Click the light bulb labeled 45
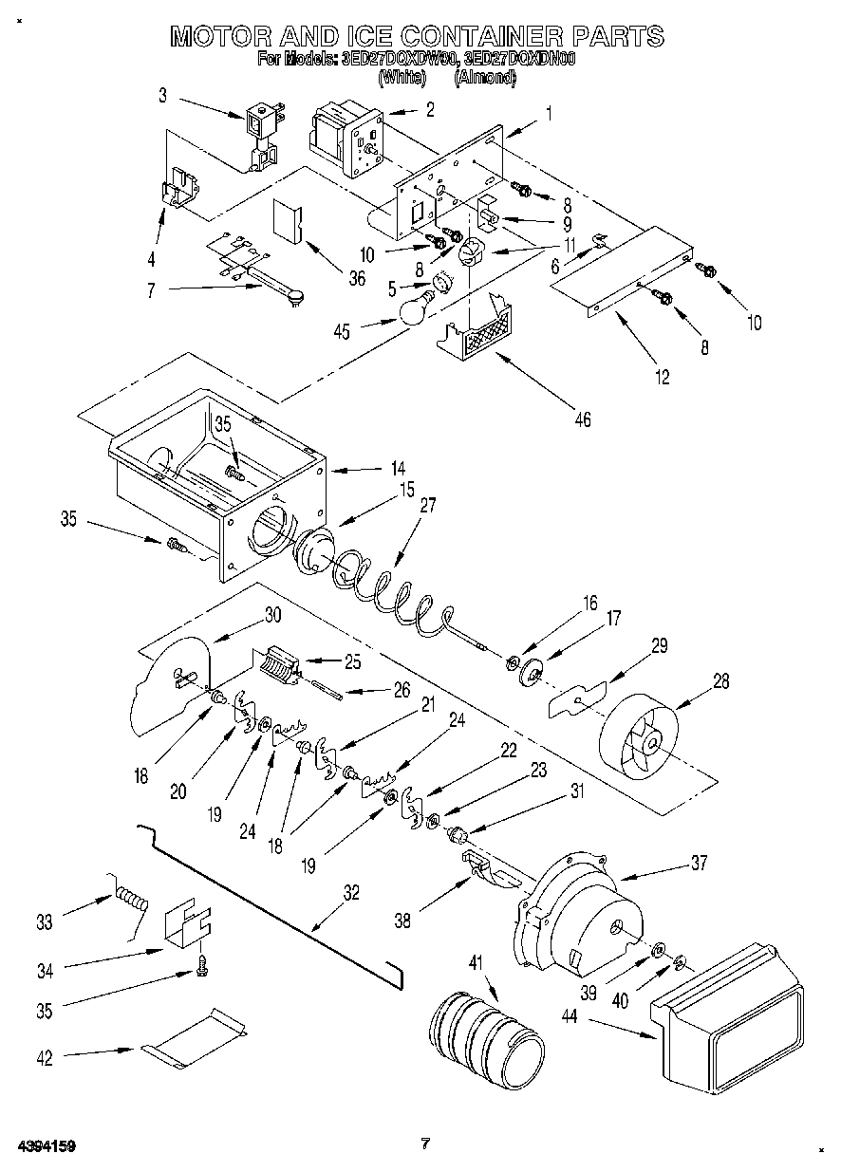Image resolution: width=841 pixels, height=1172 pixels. tap(413, 309)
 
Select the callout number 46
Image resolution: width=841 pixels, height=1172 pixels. tap(582, 419)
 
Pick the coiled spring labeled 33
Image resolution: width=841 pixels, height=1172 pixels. tap(130, 898)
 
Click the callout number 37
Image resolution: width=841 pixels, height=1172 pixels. tap(701, 865)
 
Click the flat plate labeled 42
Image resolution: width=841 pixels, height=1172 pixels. tap(195, 1036)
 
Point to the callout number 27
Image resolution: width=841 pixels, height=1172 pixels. tap(428, 505)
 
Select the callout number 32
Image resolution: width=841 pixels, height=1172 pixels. tap(351, 892)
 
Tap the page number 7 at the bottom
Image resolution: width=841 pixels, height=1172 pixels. tap(426, 1144)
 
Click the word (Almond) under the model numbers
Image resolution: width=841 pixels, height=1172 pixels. tap(486, 79)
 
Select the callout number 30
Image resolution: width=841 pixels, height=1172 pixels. tap(272, 614)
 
